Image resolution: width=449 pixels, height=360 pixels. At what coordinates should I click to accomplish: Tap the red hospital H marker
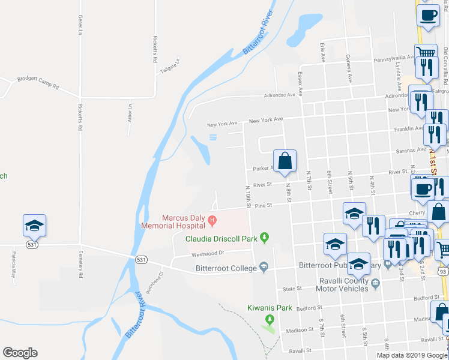[x=211, y=221]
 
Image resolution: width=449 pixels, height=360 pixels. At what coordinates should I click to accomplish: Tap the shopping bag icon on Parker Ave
[x=285, y=160]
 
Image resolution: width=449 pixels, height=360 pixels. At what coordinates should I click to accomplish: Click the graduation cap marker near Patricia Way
[x=34, y=226]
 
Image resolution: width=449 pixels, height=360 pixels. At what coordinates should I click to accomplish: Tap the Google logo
[x=20, y=352]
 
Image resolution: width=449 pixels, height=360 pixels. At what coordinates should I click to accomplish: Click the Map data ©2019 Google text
[x=411, y=355]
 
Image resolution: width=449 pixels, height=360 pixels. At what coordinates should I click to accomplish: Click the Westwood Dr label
[x=208, y=253]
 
